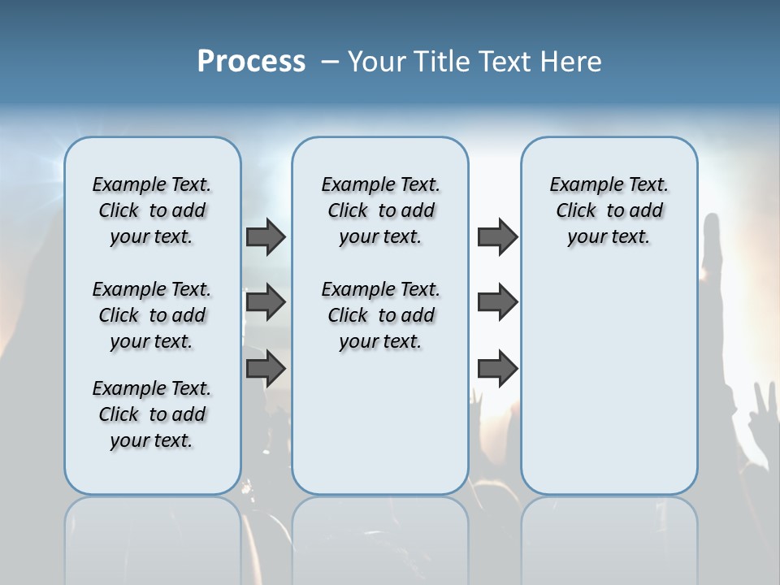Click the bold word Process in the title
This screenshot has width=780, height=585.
click(x=251, y=62)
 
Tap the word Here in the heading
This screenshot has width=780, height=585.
click(x=572, y=62)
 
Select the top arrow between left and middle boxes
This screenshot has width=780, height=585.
click(x=266, y=236)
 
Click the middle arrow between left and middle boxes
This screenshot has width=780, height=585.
click(x=266, y=302)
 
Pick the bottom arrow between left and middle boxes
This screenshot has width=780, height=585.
click(x=266, y=368)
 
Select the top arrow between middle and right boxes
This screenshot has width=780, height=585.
click(x=497, y=236)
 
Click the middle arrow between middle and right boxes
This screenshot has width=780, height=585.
click(x=497, y=302)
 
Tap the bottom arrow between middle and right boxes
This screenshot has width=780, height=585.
click(x=497, y=368)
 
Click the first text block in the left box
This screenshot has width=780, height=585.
click(x=152, y=210)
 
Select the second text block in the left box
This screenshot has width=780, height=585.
click(x=152, y=315)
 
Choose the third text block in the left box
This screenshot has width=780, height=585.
click(x=152, y=414)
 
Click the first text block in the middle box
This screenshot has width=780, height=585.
click(x=380, y=210)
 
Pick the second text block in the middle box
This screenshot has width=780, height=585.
click(x=380, y=315)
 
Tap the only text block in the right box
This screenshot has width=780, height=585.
click(x=609, y=210)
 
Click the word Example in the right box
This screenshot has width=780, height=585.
click(x=578, y=185)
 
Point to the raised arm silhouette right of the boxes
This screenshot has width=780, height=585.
click(x=713, y=260)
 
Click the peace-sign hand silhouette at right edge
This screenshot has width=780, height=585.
click(x=764, y=406)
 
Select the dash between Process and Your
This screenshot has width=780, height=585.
click(x=329, y=62)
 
